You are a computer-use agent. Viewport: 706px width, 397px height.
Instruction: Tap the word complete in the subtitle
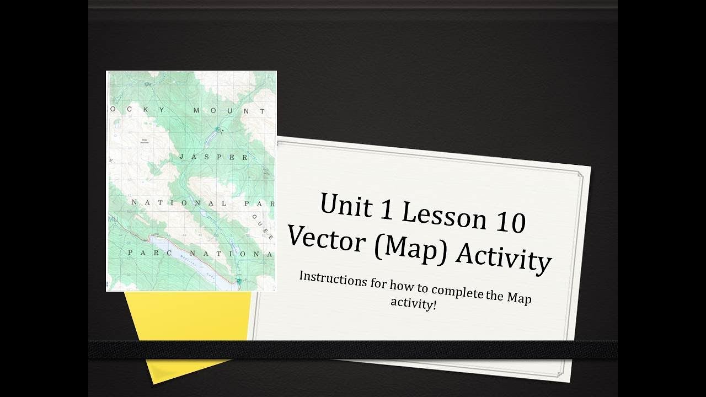pyautogui.click(x=456, y=293)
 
